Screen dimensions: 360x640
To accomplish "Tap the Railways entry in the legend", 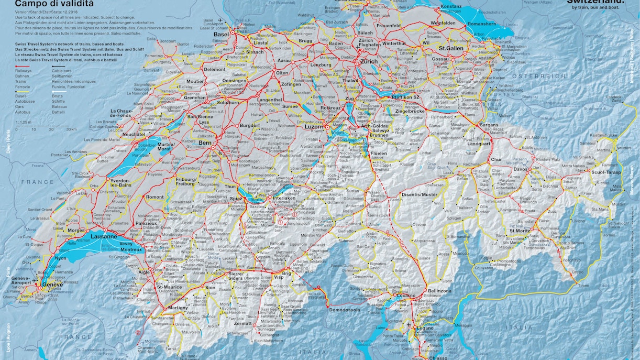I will (23, 70).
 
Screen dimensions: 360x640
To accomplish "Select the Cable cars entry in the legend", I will (62, 70).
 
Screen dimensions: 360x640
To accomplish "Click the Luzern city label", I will (314, 127).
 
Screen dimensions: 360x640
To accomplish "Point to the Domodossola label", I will (344, 310).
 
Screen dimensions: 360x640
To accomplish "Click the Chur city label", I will (496, 159).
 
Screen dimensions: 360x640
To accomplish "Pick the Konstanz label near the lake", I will (451, 7).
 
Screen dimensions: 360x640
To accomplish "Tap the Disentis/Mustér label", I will (418, 195).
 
